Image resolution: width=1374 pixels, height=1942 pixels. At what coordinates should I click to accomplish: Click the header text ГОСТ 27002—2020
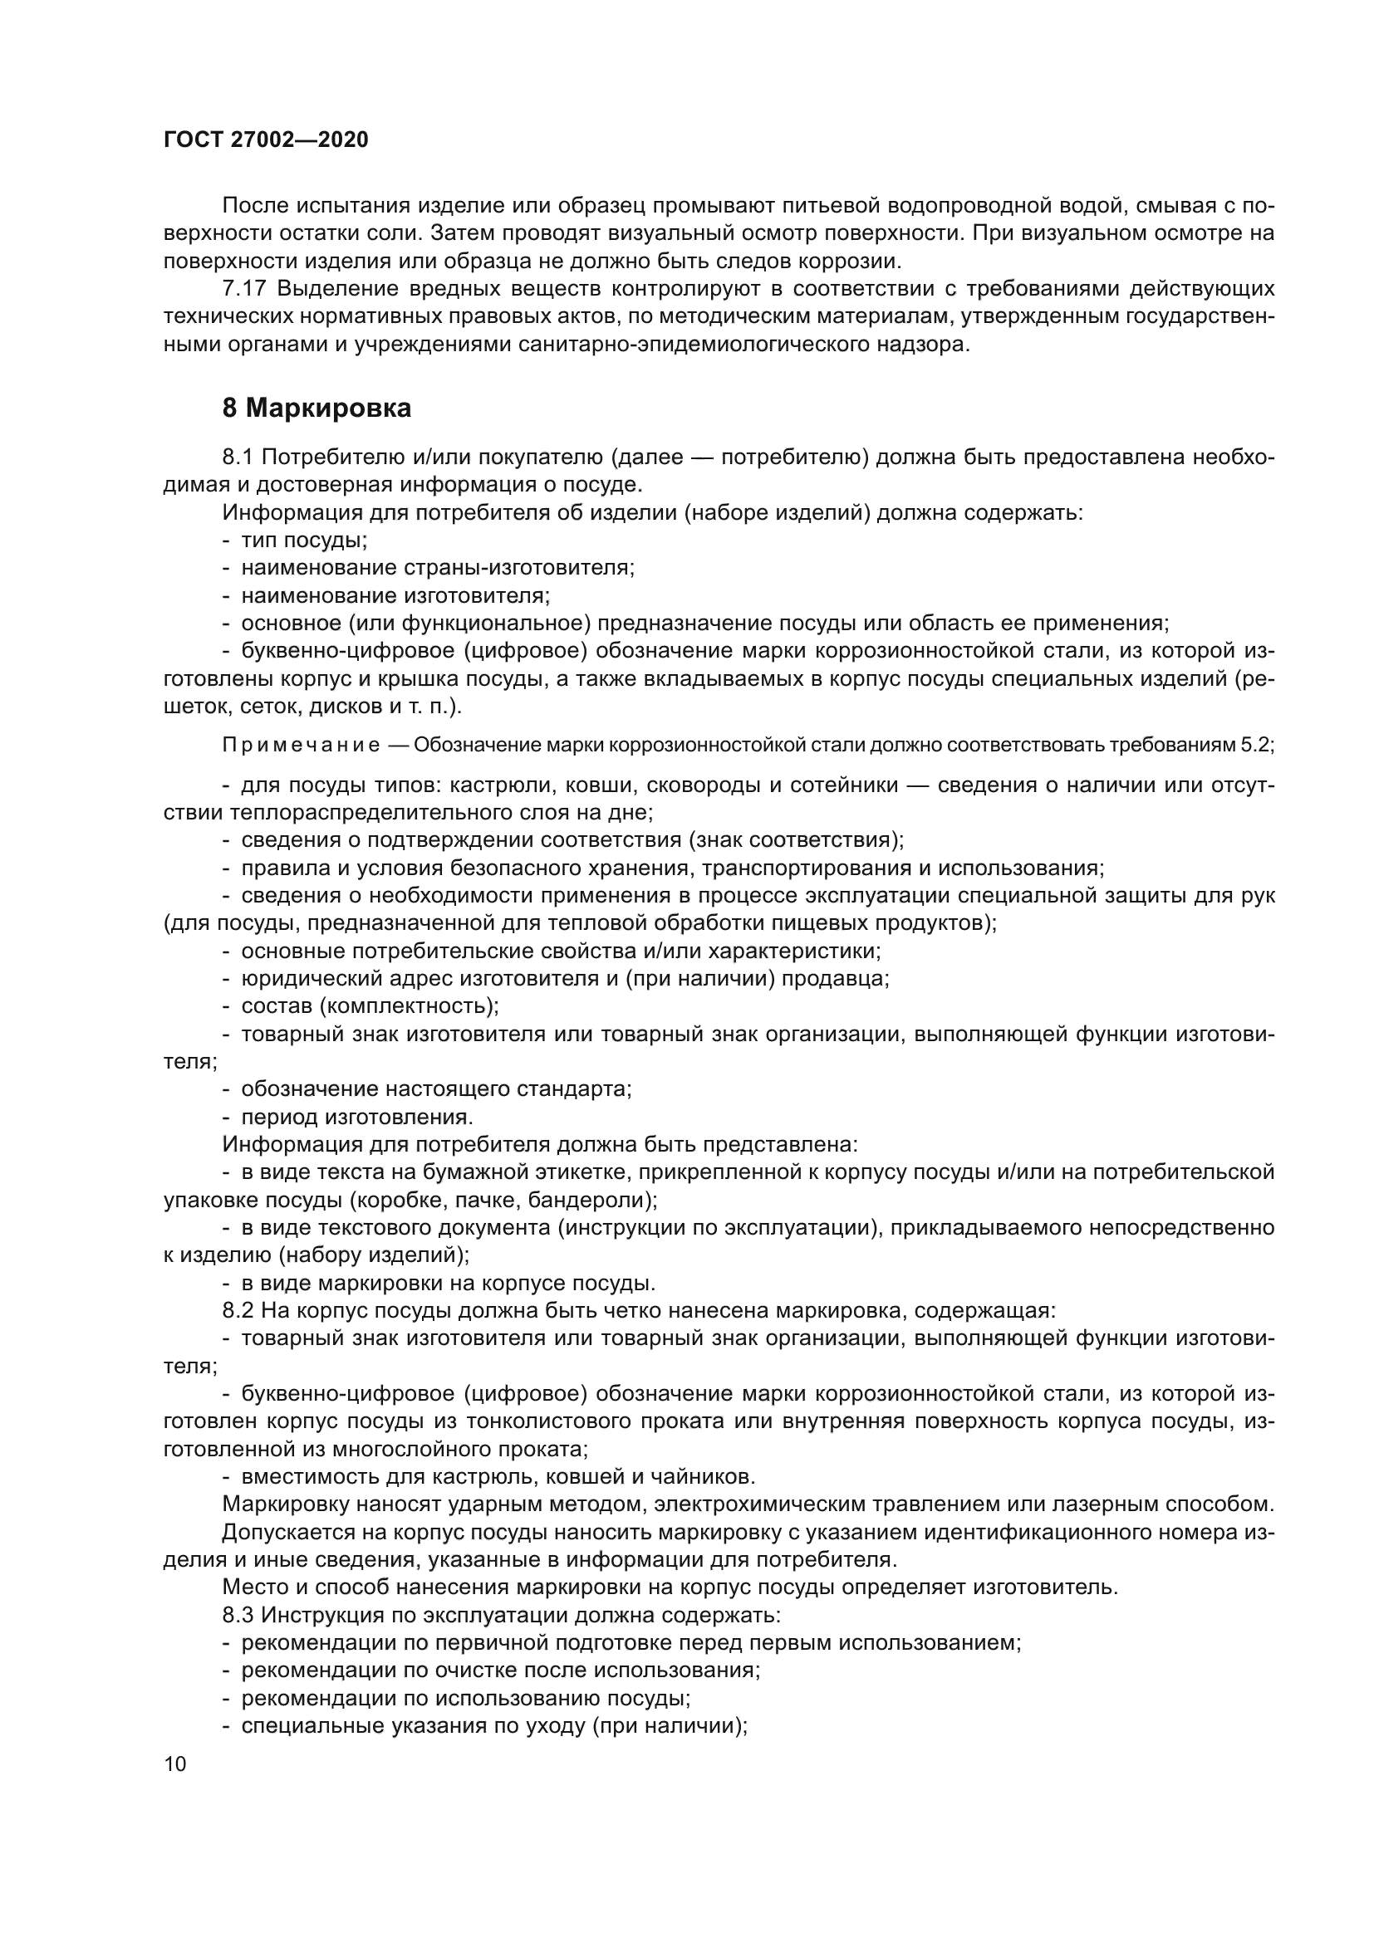(x=266, y=139)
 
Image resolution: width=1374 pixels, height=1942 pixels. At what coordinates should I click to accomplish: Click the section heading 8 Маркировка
(x=317, y=408)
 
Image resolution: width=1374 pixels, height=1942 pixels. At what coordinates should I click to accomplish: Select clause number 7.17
(x=244, y=289)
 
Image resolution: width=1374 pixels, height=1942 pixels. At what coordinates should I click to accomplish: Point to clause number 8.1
(x=238, y=457)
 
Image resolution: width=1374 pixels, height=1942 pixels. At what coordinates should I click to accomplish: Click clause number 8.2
(x=238, y=1311)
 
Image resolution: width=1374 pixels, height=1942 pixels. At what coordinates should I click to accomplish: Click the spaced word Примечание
(x=302, y=745)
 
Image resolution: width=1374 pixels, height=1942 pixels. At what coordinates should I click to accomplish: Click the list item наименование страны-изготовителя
(x=438, y=568)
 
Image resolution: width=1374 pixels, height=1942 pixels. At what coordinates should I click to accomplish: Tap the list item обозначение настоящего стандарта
(x=436, y=1088)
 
